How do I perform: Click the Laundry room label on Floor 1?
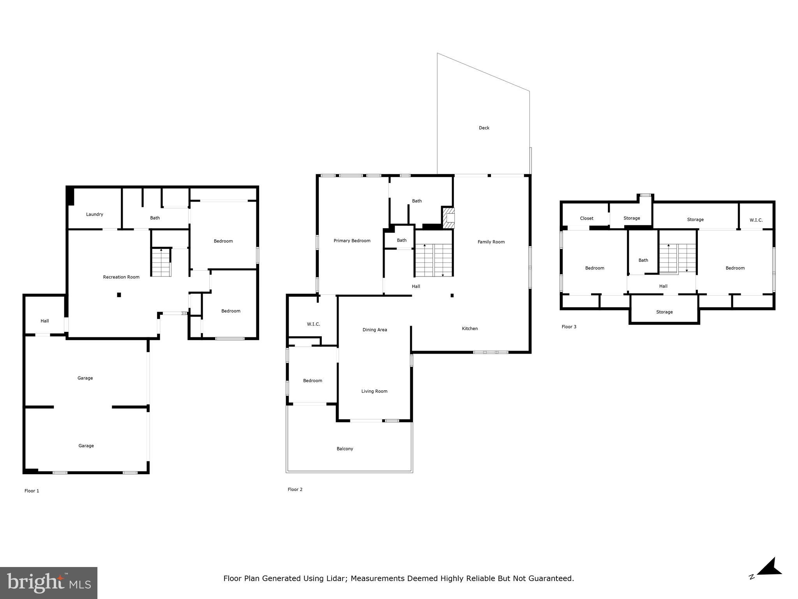click(x=94, y=214)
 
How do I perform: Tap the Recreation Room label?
click(x=121, y=277)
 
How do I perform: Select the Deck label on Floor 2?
click(x=484, y=128)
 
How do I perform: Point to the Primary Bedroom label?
click(x=352, y=241)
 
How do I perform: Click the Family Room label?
click(x=491, y=242)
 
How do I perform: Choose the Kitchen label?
click(x=470, y=329)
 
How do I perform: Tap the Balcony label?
click(x=345, y=449)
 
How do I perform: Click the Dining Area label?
click(x=374, y=330)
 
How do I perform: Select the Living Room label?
click(x=374, y=392)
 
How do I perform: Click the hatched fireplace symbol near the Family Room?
click(x=448, y=218)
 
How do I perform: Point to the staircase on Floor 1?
click(x=161, y=262)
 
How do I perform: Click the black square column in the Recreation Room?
click(x=119, y=295)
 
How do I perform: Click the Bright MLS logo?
click(x=49, y=583)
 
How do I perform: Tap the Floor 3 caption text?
click(x=569, y=327)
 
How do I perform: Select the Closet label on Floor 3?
click(x=586, y=218)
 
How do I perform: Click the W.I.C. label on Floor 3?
click(x=756, y=220)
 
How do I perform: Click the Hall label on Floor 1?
click(x=45, y=321)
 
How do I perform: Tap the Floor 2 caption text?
click(x=295, y=489)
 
